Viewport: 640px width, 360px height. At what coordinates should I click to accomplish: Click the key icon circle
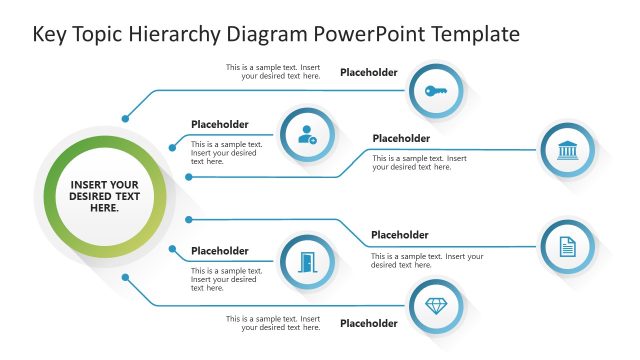click(436, 91)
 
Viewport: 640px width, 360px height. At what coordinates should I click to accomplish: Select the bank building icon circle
click(567, 151)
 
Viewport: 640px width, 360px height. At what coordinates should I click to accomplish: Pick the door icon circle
click(306, 261)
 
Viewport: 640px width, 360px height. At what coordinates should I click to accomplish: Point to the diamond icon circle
click(436, 306)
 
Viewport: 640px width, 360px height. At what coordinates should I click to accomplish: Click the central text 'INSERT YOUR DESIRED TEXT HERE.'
click(104, 196)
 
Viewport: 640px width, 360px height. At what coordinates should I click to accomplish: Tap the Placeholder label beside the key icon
click(369, 72)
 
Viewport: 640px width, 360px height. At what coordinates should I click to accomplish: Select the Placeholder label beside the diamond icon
click(369, 323)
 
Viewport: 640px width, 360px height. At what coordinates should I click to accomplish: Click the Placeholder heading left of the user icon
click(220, 125)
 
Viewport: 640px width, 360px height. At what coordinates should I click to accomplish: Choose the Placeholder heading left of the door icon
click(220, 251)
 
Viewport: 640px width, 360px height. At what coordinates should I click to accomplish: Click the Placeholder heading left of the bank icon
click(401, 138)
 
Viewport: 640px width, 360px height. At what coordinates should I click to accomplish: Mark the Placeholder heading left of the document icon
click(400, 235)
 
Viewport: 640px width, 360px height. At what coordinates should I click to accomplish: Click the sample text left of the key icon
click(273, 72)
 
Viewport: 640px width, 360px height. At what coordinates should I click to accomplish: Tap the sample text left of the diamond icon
click(273, 323)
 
